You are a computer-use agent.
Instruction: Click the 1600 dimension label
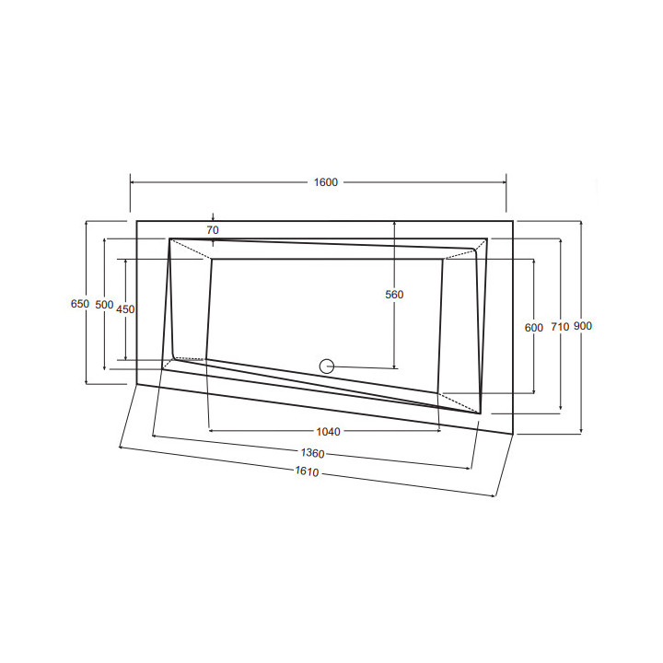pyautogui.click(x=326, y=182)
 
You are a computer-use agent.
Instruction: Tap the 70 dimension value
pyautogui.click(x=213, y=230)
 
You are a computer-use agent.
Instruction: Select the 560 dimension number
pyautogui.click(x=394, y=295)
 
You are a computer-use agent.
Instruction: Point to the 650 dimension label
pyautogui.click(x=80, y=304)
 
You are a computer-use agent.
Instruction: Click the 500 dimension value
pyautogui.click(x=104, y=305)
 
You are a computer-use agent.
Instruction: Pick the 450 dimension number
pyautogui.click(x=125, y=309)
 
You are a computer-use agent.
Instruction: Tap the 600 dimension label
pyautogui.click(x=533, y=327)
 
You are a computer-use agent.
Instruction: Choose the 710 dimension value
pyautogui.click(x=560, y=326)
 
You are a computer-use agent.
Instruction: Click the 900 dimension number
pyautogui.click(x=583, y=326)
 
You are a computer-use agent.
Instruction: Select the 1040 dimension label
pyautogui.click(x=328, y=432)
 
